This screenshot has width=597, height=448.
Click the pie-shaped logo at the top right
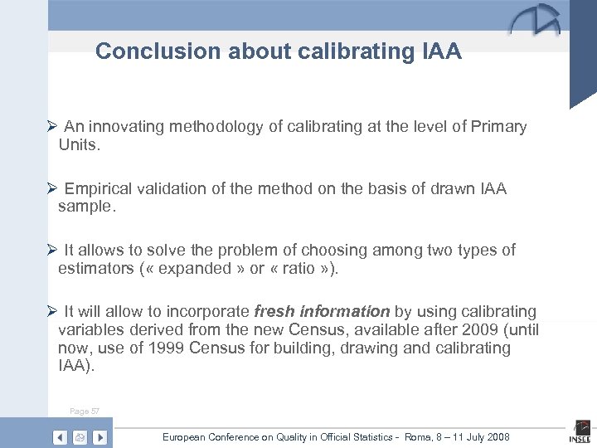click(535, 21)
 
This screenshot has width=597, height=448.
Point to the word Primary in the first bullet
click(498, 127)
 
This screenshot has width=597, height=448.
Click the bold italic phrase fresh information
click(322, 312)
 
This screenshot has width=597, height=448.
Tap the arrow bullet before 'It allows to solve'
click(51, 251)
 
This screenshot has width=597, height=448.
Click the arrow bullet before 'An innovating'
click(51, 127)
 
